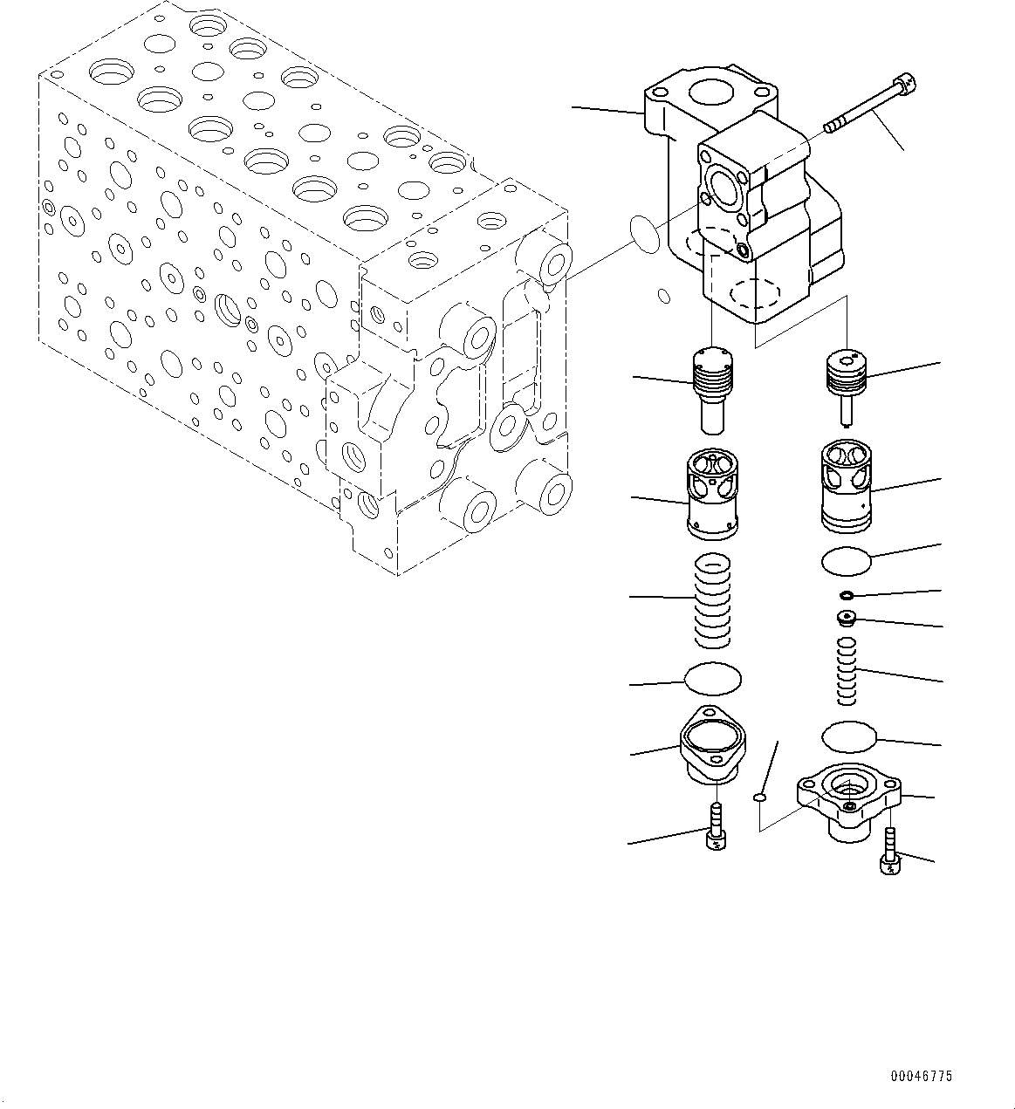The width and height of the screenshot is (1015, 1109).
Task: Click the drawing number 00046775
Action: [922, 1077]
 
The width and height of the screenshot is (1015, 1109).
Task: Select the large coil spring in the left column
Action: [713, 602]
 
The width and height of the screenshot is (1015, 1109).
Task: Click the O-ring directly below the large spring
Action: [713, 677]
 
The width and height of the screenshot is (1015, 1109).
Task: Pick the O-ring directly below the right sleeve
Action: [846, 561]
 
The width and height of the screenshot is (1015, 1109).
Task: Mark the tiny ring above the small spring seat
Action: [846, 596]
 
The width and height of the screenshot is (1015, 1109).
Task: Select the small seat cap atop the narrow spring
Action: [846, 620]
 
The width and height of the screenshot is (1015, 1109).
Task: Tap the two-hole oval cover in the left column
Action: [712, 752]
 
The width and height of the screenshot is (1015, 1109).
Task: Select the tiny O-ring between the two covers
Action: [759, 796]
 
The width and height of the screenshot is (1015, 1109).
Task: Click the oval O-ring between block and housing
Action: [646, 235]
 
